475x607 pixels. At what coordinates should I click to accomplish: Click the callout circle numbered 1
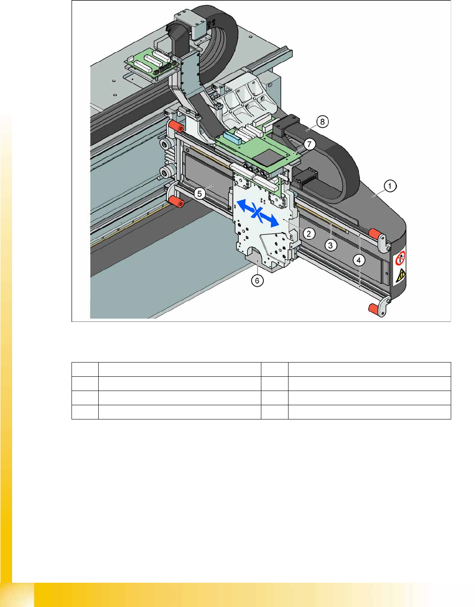[x=390, y=186]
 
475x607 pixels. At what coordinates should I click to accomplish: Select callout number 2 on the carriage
[x=309, y=233]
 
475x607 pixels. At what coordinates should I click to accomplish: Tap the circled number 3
[x=330, y=245]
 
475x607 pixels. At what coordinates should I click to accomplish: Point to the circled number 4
[x=359, y=260]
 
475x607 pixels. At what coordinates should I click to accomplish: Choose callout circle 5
[x=200, y=193]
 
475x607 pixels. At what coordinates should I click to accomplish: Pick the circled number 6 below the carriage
[x=257, y=280]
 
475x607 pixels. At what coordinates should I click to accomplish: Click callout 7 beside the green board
[x=309, y=144]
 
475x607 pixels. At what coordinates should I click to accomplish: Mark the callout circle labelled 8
[x=322, y=122]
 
